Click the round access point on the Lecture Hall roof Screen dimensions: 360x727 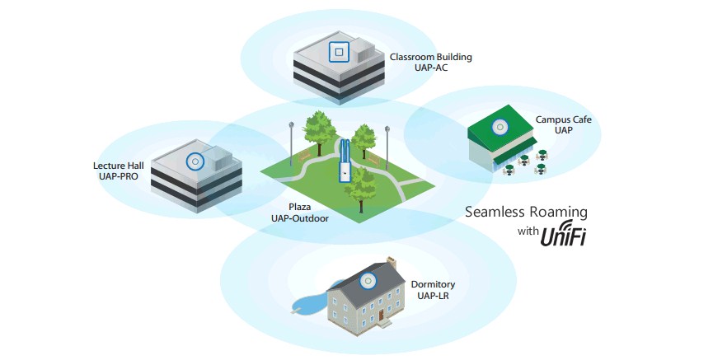click(x=195, y=161)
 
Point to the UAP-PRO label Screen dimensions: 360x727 click(x=120, y=177)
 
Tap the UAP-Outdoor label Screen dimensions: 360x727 click(x=299, y=219)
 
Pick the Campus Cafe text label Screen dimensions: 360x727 click(x=564, y=119)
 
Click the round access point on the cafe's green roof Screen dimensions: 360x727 click(x=499, y=127)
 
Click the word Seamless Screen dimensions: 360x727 click(x=495, y=212)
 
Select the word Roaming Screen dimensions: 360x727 click(x=560, y=212)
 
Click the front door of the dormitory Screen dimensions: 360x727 click(x=382, y=316)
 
